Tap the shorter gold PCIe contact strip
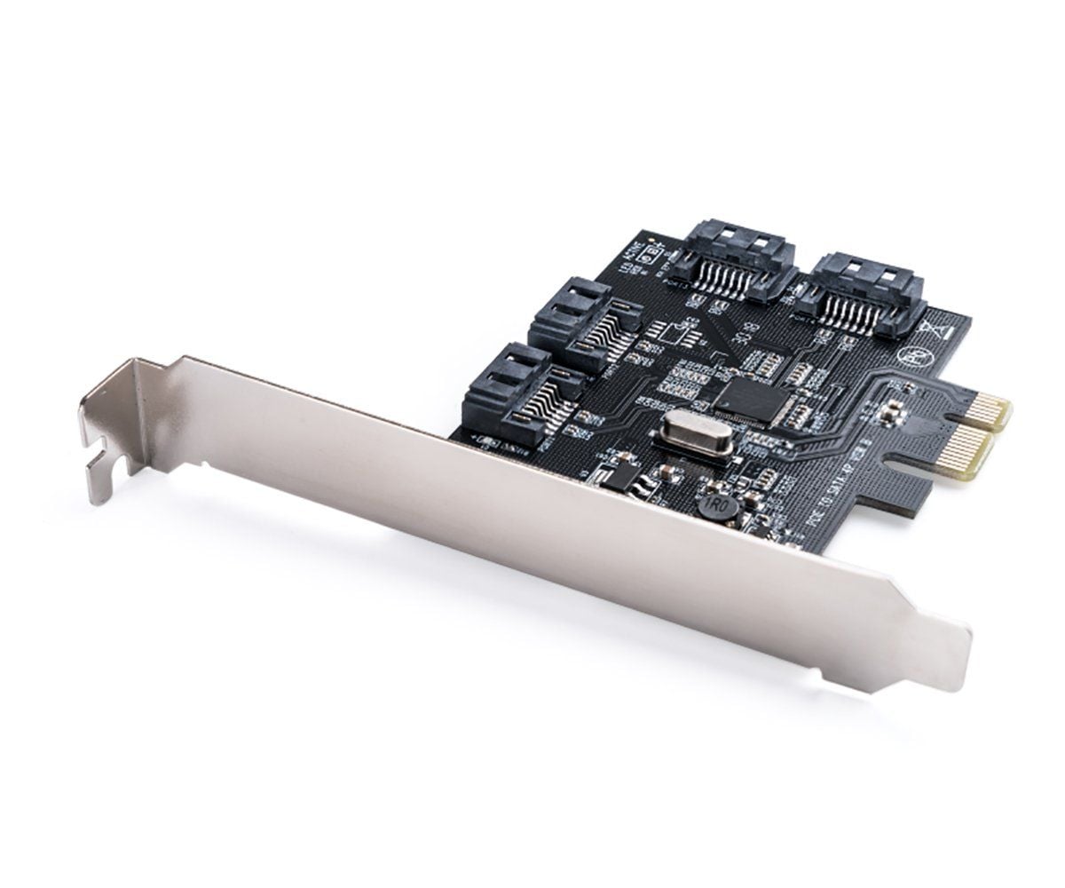[988, 415]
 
